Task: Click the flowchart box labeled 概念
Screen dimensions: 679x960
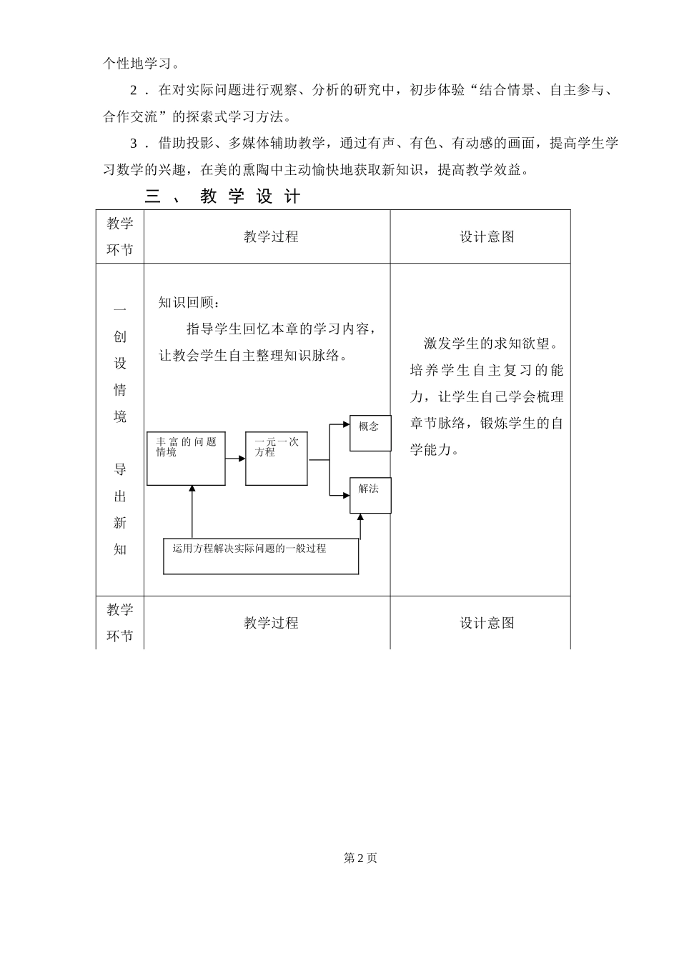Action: tap(370, 433)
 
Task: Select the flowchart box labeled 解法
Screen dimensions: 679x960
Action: tap(370, 495)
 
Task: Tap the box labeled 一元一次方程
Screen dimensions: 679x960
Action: tap(276, 459)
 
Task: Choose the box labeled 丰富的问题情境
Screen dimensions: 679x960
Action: tap(186, 459)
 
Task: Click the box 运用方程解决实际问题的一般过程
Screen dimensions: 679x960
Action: tap(261, 556)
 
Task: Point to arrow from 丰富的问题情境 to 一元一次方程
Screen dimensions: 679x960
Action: tap(235, 459)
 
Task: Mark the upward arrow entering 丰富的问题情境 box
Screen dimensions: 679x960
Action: tap(192, 490)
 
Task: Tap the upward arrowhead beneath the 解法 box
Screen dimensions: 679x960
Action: tap(360, 517)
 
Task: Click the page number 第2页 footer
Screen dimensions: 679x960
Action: tap(360, 858)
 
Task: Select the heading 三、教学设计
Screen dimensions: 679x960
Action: tap(222, 196)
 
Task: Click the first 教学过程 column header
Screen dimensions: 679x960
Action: tap(270, 237)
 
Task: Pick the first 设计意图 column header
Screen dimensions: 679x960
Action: tap(487, 237)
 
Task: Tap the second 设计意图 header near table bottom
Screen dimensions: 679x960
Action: tap(487, 623)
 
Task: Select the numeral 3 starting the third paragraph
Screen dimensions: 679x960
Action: tap(134, 144)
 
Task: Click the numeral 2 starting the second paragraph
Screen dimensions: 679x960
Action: tap(134, 90)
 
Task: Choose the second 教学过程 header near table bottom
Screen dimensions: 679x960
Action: tap(270, 623)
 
